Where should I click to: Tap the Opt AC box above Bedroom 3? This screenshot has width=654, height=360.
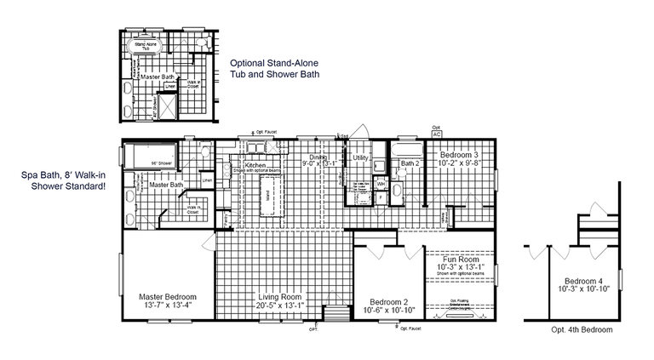[437, 134]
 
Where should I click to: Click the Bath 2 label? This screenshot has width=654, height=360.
[411, 163]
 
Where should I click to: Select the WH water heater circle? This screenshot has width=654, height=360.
[381, 184]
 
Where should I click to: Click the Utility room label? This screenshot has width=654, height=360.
[359, 158]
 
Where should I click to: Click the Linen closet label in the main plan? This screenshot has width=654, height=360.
[207, 180]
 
